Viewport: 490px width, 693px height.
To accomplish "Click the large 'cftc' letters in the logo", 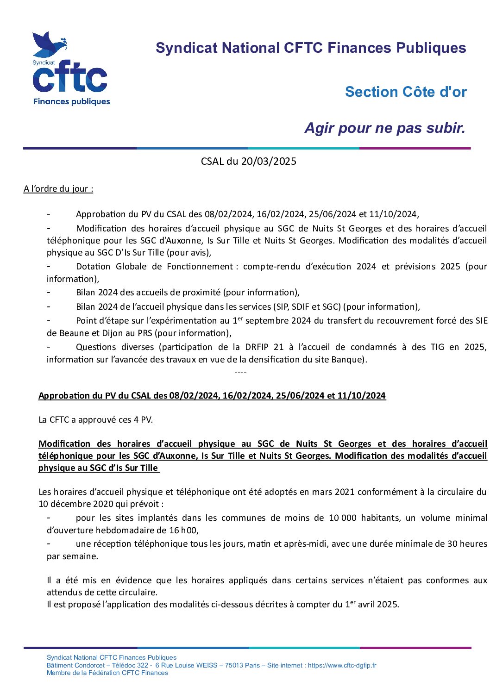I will tap(69, 78).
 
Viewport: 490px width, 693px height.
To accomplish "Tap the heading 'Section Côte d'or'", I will tap(406, 92).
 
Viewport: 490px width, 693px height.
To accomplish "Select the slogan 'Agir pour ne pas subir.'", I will tap(384, 128).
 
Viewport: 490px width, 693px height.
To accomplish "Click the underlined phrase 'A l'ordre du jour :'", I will tap(58, 188).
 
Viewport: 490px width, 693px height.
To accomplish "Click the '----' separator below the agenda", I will tap(240, 372).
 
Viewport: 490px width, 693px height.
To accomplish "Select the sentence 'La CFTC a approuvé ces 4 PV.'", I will tap(95, 419).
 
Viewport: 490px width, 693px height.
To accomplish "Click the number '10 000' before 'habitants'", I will tap(342, 518).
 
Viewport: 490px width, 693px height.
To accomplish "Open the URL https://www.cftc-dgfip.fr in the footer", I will tap(342, 665).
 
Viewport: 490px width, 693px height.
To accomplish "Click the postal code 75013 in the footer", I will tap(234, 665).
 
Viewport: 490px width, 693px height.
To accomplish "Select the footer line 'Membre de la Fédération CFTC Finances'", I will tap(107, 673).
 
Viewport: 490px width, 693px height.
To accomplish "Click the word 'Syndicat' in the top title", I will tap(186, 48).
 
